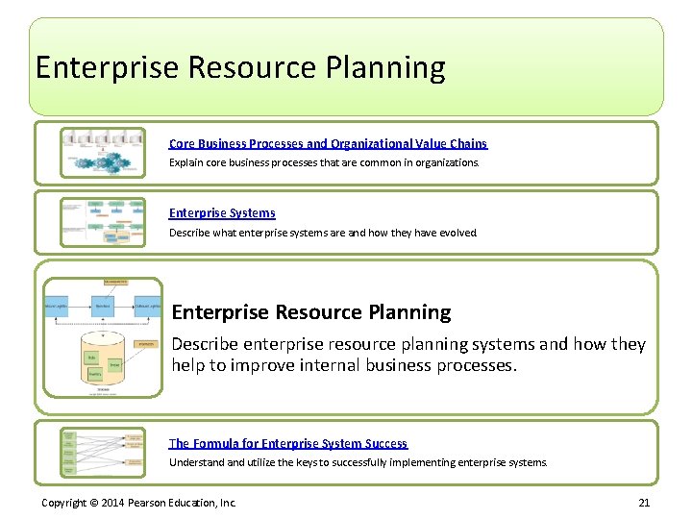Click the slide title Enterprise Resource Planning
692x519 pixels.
point(240,68)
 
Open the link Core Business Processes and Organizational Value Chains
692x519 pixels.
point(328,143)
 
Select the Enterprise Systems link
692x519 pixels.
point(222,213)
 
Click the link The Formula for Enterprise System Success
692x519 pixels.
point(288,443)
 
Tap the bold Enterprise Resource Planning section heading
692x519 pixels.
point(310,312)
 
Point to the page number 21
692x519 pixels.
point(644,503)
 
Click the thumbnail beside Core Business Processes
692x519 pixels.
point(103,152)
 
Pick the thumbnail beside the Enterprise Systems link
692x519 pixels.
point(103,222)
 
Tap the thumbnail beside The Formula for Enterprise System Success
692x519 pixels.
point(103,453)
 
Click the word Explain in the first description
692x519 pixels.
point(185,162)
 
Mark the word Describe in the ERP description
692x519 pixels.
point(204,344)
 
